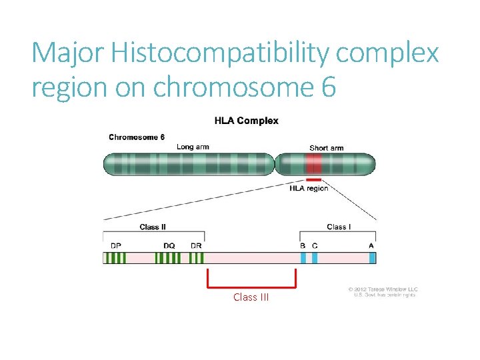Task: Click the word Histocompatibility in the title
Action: point(219,53)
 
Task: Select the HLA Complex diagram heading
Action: point(246,121)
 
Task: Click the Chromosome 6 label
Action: point(137,137)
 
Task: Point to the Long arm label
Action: point(193,147)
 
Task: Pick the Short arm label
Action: point(326,147)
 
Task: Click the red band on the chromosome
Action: point(314,164)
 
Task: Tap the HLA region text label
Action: point(309,189)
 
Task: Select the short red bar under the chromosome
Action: point(314,179)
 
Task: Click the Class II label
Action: point(153,227)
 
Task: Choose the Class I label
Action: point(337,227)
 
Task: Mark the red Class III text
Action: point(251,297)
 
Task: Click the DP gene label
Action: point(116,246)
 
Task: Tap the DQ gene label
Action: point(169,246)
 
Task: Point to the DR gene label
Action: point(196,246)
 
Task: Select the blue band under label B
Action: point(303,258)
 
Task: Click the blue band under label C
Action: point(315,258)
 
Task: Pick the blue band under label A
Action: point(371,258)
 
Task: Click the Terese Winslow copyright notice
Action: point(382,292)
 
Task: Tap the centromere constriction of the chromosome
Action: point(276,164)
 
